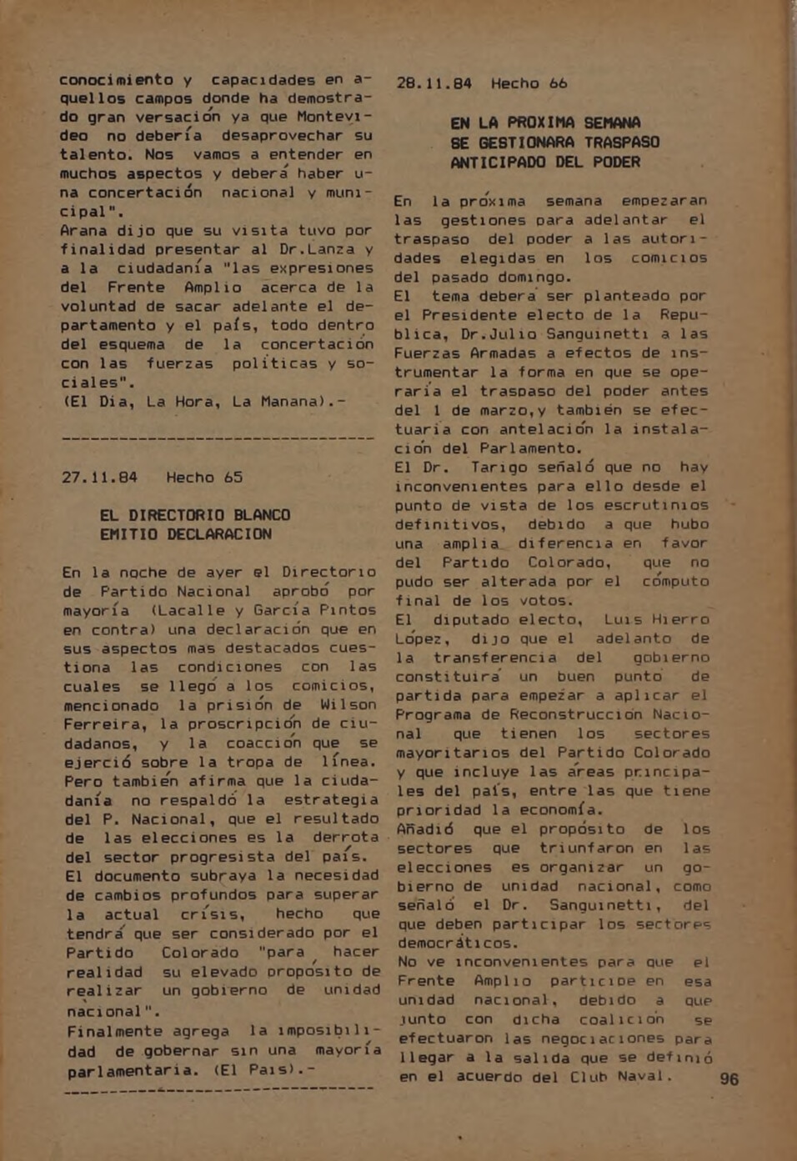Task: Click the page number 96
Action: point(729,1078)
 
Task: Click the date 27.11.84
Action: point(99,478)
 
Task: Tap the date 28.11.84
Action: point(434,83)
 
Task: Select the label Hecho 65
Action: point(204,478)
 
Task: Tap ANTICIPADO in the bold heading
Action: point(499,163)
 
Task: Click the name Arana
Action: point(83,231)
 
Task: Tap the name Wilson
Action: point(348,705)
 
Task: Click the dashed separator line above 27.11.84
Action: point(218,438)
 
